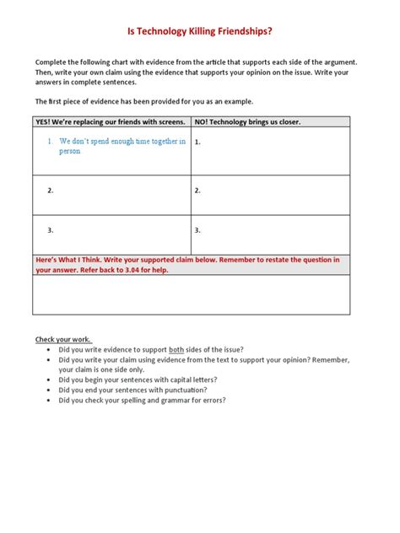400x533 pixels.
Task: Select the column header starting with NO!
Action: point(247,121)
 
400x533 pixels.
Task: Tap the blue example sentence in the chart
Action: point(122,146)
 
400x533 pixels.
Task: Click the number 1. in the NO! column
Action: point(197,143)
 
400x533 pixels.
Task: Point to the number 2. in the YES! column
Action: point(51,191)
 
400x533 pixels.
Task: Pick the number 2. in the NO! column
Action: point(197,191)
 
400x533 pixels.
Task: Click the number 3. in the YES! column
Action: point(51,229)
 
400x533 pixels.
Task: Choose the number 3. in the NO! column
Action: point(197,229)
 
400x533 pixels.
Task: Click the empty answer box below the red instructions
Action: point(192,294)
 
